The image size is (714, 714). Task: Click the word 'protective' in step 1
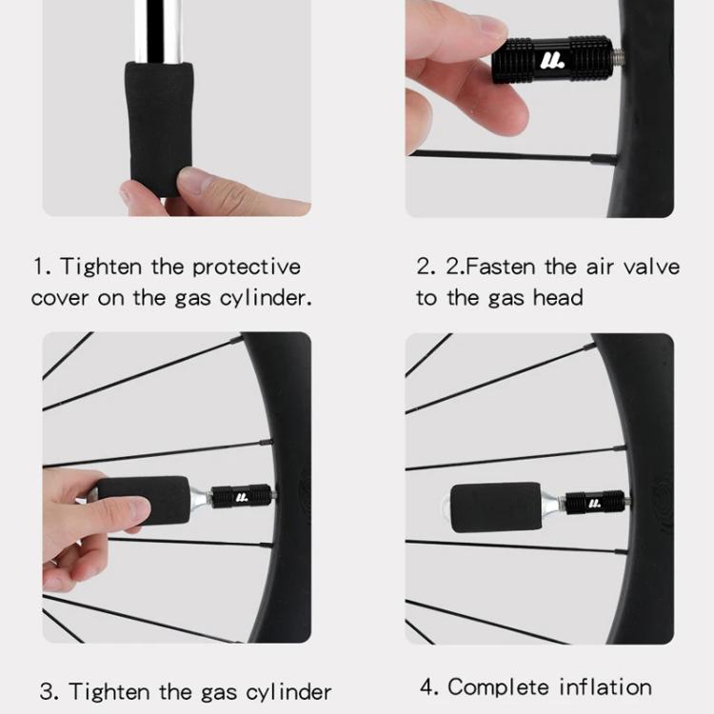(x=247, y=268)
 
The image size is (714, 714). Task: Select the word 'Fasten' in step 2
(x=500, y=267)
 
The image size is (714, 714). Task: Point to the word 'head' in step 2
(x=558, y=297)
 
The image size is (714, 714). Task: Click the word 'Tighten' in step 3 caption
(x=109, y=692)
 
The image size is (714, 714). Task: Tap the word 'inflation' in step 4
(x=605, y=686)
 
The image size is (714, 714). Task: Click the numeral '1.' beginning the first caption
(x=42, y=267)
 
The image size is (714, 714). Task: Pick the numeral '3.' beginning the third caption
(x=50, y=692)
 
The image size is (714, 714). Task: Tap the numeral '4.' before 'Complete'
(x=429, y=687)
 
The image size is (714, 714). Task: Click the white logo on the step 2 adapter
(x=552, y=61)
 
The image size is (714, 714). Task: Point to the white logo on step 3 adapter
(x=242, y=497)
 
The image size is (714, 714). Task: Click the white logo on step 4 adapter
(x=594, y=504)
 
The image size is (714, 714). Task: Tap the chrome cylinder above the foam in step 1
(x=157, y=31)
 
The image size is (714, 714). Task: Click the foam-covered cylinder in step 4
(x=496, y=507)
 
